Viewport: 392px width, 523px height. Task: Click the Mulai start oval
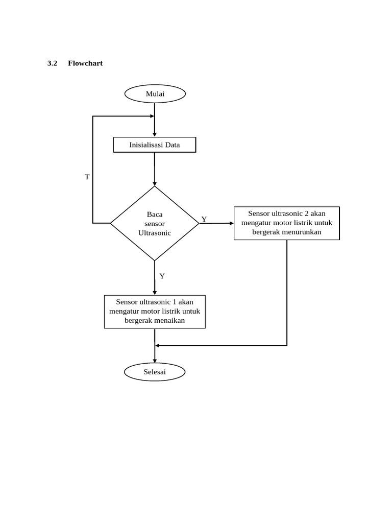pyautogui.click(x=155, y=93)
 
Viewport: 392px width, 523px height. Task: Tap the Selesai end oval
pyautogui.click(x=155, y=372)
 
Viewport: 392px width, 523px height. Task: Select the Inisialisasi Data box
pyautogui.click(x=154, y=145)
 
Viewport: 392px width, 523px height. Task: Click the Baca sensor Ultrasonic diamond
pyautogui.click(x=155, y=223)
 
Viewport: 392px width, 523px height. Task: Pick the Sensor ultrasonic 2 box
pyautogui.click(x=286, y=223)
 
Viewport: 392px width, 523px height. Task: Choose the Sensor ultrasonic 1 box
pyautogui.click(x=155, y=312)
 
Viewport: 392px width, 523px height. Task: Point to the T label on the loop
pyautogui.click(x=87, y=177)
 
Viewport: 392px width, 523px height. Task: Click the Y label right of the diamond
pyautogui.click(x=204, y=219)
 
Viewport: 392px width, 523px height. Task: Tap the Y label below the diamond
pyautogui.click(x=162, y=276)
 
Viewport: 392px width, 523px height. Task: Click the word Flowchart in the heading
pyautogui.click(x=85, y=63)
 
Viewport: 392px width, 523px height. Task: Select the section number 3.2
pyautogui.click(x=53, y=63)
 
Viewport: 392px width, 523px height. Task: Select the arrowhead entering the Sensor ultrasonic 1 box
pyautogui.click(x=155, y=292)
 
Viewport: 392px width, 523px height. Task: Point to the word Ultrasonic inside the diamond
pyautogui.click(x=155, y=232)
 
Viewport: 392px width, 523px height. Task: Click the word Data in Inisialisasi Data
pyautogui.click(x=172, y=145)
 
